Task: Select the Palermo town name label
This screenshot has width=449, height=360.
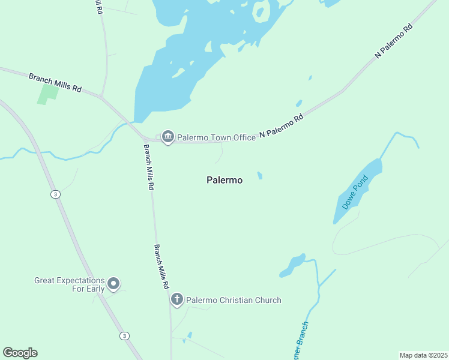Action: click(224, 180)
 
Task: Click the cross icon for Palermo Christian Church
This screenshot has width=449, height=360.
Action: click(176, 299)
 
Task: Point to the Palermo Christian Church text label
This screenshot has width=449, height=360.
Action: click(234, 300)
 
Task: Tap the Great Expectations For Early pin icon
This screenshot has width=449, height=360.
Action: click(113, 284)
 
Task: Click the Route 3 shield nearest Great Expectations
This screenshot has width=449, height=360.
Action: click(124, 336)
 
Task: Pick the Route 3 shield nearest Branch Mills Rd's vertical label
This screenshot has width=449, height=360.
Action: click(55, 194)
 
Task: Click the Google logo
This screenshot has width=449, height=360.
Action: click(20, 353)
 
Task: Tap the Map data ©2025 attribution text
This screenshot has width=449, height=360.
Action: click(423, 355)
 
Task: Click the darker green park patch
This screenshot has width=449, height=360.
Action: click(48, 93)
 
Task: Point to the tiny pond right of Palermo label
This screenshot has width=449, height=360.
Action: click(260, 176)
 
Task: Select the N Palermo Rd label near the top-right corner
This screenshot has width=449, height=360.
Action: click(394, 41)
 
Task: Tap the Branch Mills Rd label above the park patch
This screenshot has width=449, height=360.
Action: click(55, 82)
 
